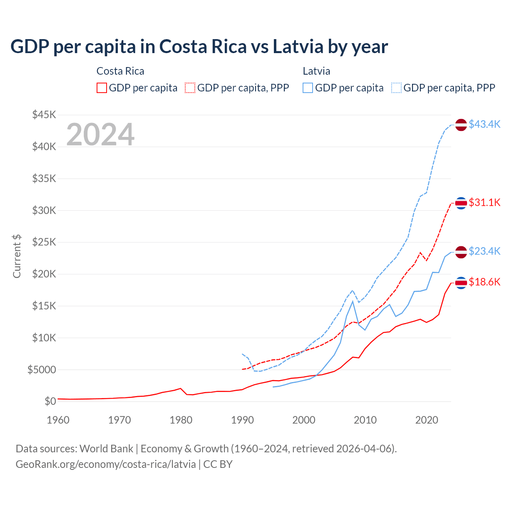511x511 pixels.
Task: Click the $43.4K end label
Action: tap(484, 124)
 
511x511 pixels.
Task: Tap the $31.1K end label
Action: tap(484, 202)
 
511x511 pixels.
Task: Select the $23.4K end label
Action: tap(484, 251)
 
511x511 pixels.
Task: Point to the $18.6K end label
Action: tap(484, 282)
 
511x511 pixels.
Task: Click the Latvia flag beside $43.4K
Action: tap(461, 125)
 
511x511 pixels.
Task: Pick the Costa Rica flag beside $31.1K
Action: tap(461, 203)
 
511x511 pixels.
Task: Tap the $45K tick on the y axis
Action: tap(44, 115)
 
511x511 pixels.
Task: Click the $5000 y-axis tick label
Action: tap(42, 370)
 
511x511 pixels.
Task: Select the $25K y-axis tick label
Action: tap(44, 242)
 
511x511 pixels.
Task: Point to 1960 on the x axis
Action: tap(58, 420)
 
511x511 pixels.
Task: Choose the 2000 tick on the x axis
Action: tap(304, 420)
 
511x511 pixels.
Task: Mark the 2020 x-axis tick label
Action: tap(427, 420)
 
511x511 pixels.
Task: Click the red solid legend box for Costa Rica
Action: tap(102, 88)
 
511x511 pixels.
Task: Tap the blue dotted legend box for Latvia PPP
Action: tap(396, 88)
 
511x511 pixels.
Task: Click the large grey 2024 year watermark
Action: tap(100, 135)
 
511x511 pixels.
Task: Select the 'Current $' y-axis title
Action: tap(17, 256)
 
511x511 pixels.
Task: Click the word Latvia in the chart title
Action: tap(298, 47)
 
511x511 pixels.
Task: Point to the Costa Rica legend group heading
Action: tap(120, 71)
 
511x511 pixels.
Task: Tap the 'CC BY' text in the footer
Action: tap(218, 464)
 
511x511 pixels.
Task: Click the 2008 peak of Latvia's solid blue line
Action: tap(353, 301)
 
